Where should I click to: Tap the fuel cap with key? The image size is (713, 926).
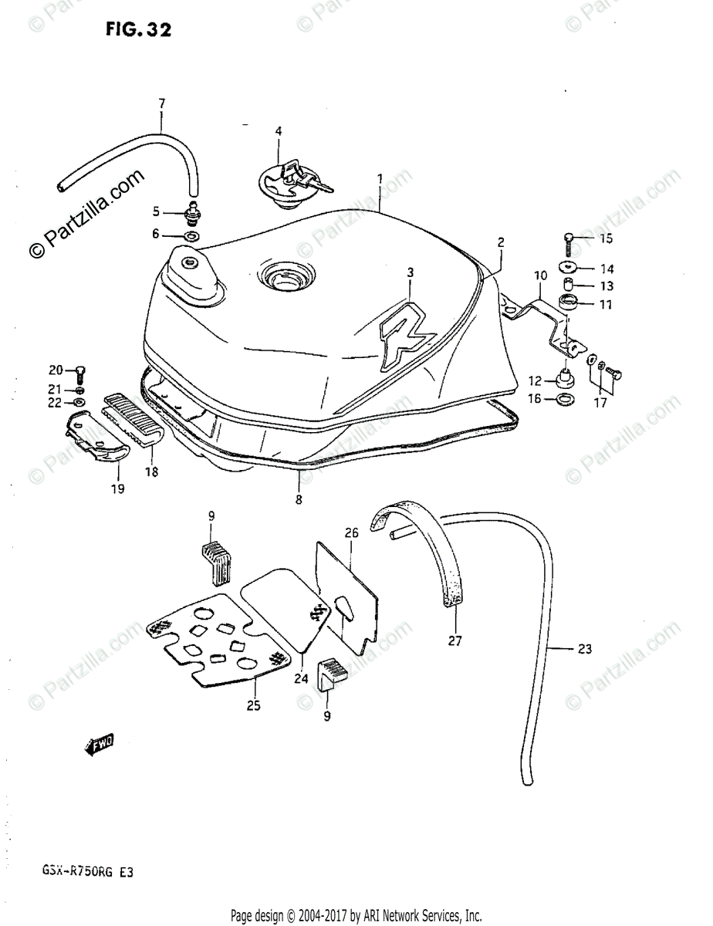pos(290,184)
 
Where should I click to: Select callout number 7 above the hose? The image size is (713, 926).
pos(162,103)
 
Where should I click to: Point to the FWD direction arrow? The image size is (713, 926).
pos(98,745)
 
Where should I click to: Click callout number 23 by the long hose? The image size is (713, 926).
pos(584,649)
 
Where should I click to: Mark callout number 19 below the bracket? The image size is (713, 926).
pos(119,488)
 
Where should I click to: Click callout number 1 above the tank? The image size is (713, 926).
pos(380,178)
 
